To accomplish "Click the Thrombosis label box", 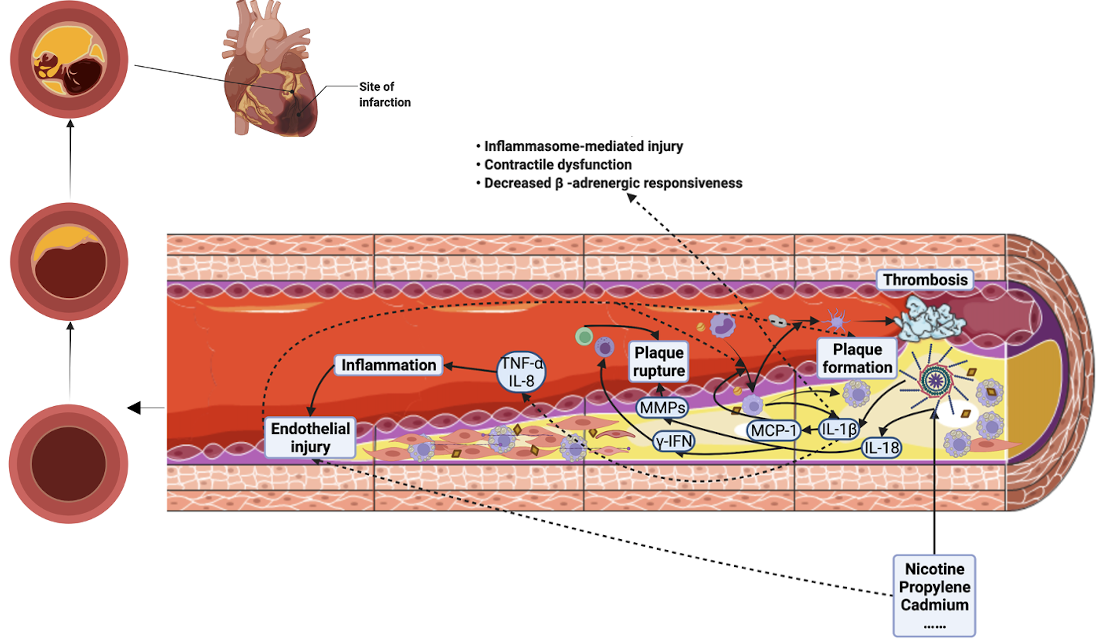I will pos(925,280).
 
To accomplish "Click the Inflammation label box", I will pos(388,365).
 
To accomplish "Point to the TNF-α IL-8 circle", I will pos(521,372).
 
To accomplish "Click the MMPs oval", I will pos(662,407).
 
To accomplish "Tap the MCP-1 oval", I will pos(773,430).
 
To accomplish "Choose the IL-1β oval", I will pos(838,429).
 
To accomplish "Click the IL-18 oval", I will pos(881,448).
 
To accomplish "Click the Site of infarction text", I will pos(384,94).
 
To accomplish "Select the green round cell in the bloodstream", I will pos(584,336).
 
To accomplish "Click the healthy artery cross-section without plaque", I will pos(69,463).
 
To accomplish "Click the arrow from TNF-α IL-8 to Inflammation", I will pos(470,368).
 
